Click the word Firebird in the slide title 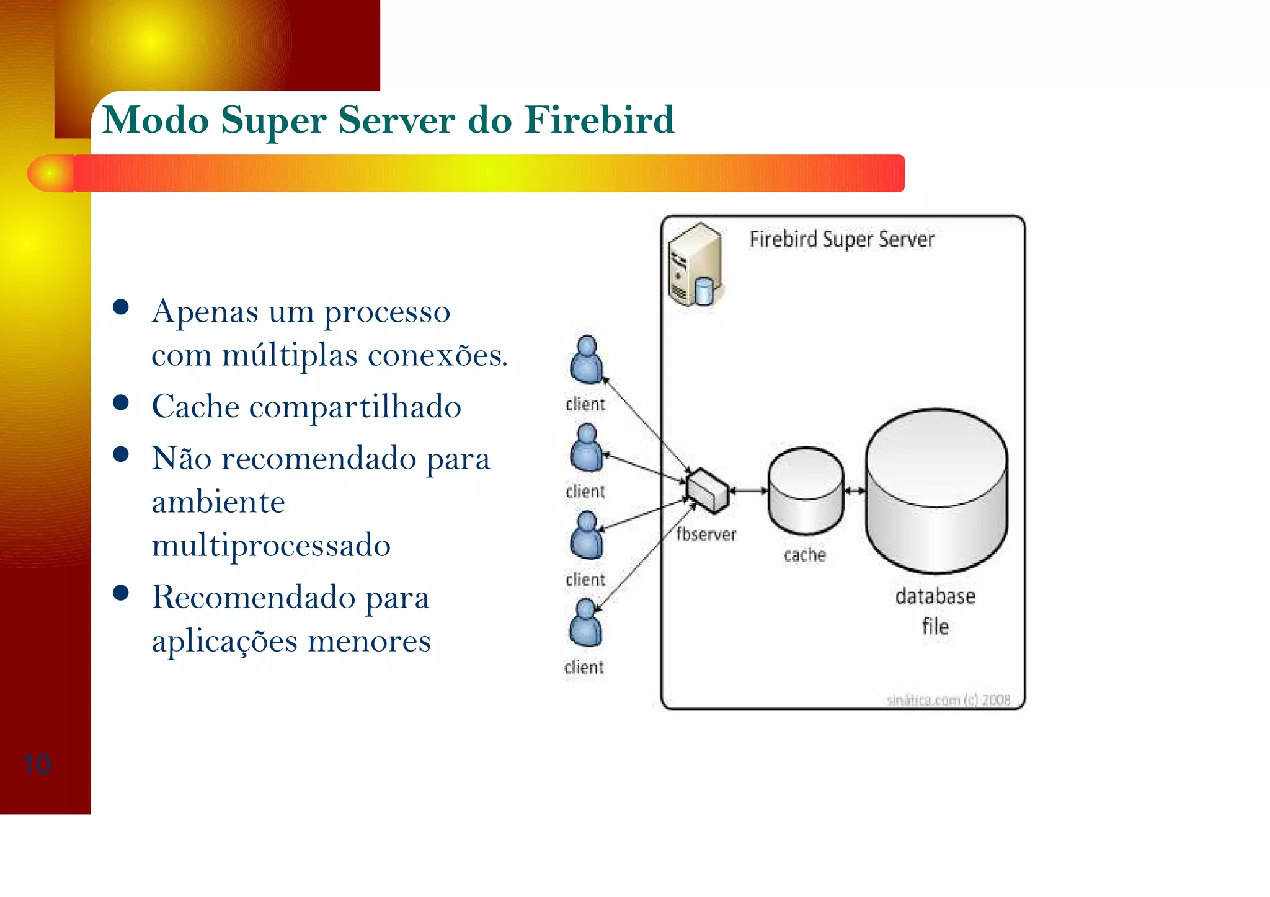599,120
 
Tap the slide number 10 36,764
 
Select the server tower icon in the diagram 695,265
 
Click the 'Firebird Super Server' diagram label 841,239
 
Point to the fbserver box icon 708,490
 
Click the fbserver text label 706,534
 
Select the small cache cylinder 806,491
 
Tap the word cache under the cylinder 804,555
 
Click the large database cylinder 936,490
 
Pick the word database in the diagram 935,596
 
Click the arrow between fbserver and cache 748,491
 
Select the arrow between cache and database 855,491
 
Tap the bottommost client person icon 585,623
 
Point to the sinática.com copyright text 948,700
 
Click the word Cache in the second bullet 195,407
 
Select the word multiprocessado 271,546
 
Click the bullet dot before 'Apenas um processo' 121,307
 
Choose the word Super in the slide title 273,120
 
